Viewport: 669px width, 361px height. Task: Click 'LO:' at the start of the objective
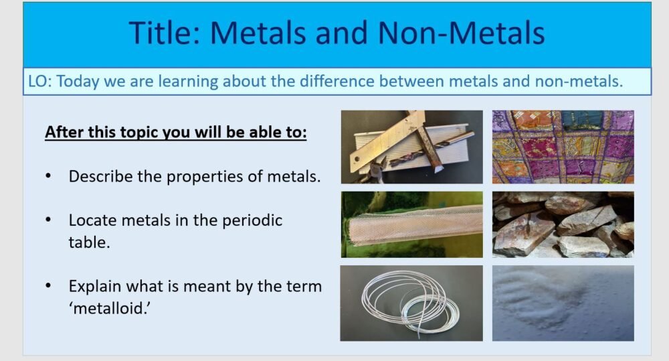click(40, 82)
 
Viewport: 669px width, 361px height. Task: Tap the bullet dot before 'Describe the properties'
click(48, 177)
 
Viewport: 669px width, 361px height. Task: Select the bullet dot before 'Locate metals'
click(48, 220)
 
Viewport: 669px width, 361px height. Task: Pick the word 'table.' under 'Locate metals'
click(89, 242)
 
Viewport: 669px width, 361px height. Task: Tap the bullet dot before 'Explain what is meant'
click(48, 286)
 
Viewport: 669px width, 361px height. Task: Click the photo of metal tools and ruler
click(411, 147)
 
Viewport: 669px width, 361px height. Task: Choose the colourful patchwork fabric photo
click(563, 147)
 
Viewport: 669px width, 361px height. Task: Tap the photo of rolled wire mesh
click(411, 224)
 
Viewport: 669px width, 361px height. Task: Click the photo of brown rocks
click(563, 224)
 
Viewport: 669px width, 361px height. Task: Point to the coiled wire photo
click(411, 303)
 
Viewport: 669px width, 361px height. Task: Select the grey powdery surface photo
click(563, 303)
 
